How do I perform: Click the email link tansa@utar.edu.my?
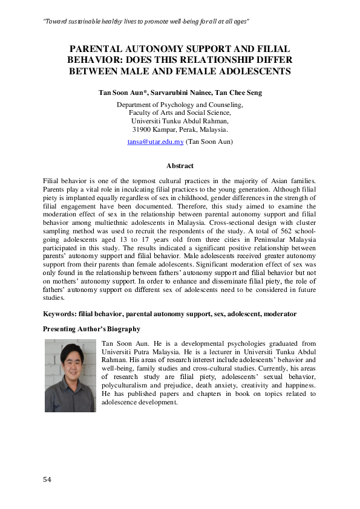pyautogui.click(x=155, y=141)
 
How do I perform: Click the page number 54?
pyautogui.click(x=48, y=479)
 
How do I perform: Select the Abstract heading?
pyautogui.click(x=180, y=166)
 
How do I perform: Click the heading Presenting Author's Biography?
pyautogui.click(x=92, y=329)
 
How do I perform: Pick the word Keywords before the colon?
pyautogui.click(x=59, y=314)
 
